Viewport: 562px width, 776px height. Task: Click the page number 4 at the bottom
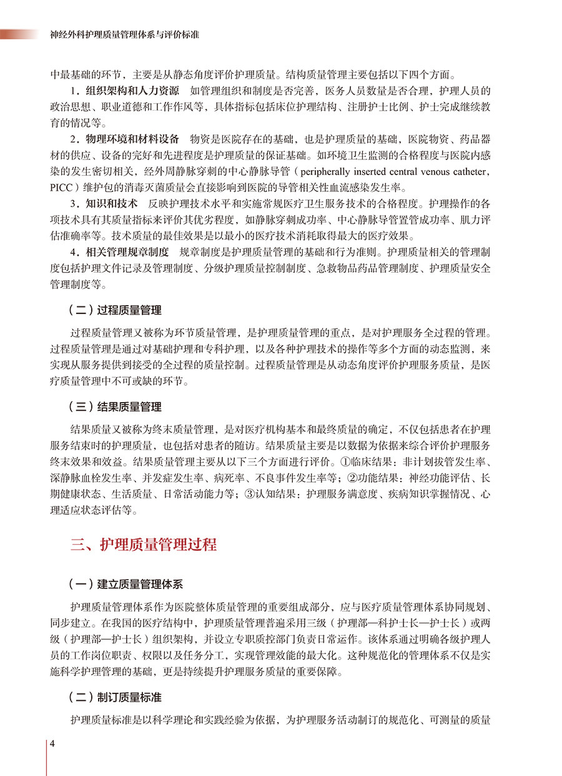[53, 743]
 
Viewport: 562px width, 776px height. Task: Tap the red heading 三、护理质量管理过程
[144, 544]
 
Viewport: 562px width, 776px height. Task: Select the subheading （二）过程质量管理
[114, 310]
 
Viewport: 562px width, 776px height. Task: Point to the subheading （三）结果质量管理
[114, 407]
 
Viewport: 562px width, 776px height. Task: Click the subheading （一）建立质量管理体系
[125, 585]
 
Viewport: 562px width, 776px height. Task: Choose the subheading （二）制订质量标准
[114, 697]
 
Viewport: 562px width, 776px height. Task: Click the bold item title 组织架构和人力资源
[133, 89]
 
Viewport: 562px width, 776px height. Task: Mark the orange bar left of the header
[19, 34]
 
